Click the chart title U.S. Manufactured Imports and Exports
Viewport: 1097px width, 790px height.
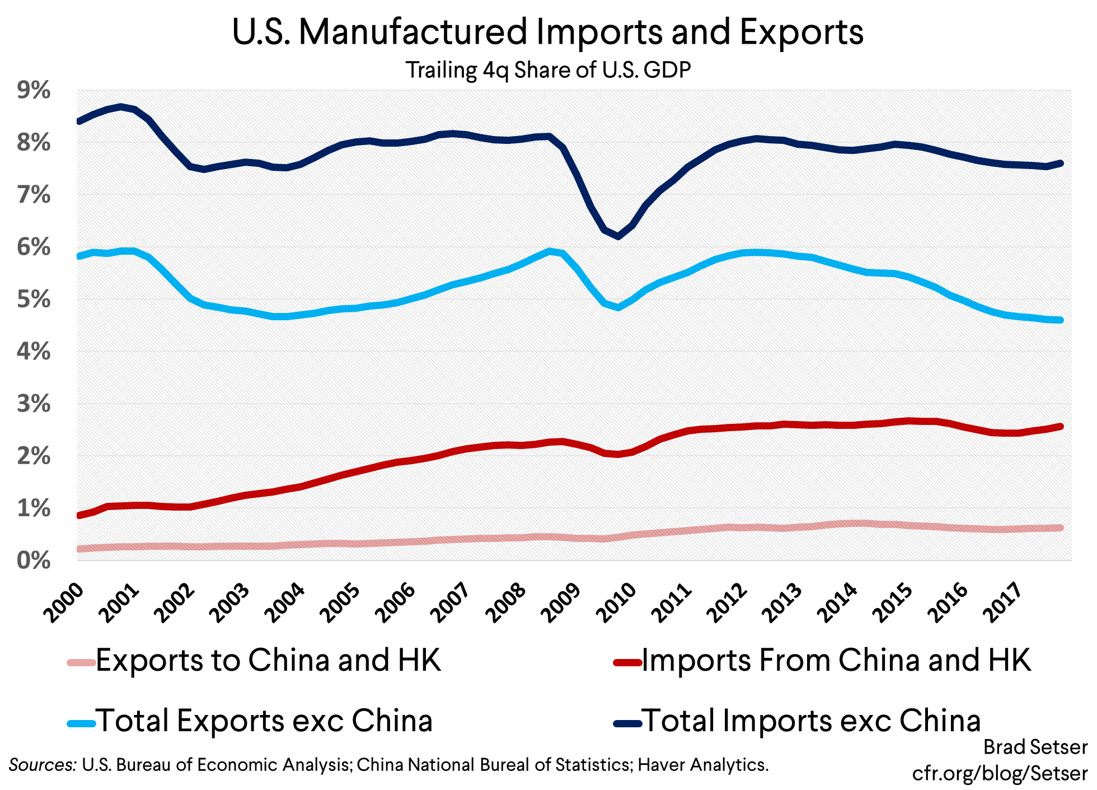pos(547,32)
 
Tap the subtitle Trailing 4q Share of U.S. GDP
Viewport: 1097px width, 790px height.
pos(548,71)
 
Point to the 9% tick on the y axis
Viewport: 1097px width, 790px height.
pos(34,91)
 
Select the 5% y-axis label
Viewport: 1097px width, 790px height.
pos(34,300)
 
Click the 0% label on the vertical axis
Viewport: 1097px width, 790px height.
pos(34,561)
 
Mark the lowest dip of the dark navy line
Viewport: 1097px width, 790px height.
pos(618,236)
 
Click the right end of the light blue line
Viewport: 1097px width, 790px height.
pos(1060,320)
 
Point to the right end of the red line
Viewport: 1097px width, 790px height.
pos(1060,427)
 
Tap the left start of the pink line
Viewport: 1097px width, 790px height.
pos(79,549)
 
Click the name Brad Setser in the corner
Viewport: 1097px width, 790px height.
pos(1035,747)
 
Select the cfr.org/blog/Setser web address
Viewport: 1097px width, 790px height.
pos(1000,774)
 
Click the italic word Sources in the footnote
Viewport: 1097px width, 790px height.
pos(43,765)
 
